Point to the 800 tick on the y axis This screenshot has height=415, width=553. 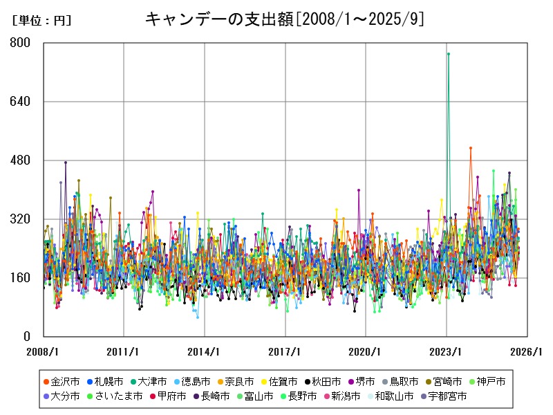point(21,43)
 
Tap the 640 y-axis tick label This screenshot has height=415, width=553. point(21,102)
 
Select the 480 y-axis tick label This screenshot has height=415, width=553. point(21,160)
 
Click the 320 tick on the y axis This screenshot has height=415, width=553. point(21,219)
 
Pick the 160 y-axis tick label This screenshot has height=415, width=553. point(21,278)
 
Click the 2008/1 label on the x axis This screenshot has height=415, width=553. point(44,351)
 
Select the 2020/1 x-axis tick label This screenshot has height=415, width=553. point(366,351)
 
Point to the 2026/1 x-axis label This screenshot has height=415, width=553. point(527,351)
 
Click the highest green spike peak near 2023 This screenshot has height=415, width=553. point(448,53)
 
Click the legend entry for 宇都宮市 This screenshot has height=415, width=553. point(447,396)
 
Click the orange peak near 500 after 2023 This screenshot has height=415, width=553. point(470,148)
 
